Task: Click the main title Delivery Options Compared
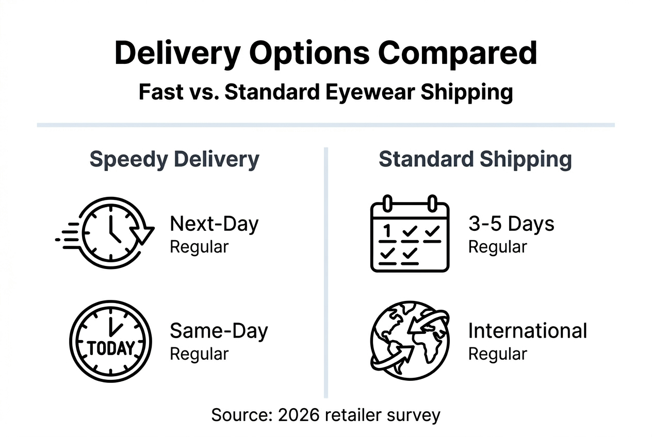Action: click(325, 53)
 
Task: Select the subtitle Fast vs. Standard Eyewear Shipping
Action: click(325, 92)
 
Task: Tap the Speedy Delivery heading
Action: click(174, 160)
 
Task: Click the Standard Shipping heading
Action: click(475, 160)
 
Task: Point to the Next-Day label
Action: click(214, 224)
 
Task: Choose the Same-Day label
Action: click(219, 330)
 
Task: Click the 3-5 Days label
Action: click(511, 224)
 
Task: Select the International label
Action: click(527, 330)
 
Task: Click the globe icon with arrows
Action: click(410, 341)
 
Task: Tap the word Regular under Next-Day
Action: click(199, 247)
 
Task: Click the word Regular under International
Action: click(497, 354)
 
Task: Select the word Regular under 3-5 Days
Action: click(497, 247)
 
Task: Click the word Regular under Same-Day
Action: click(199, 354)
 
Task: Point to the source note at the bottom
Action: click(325, 415)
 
